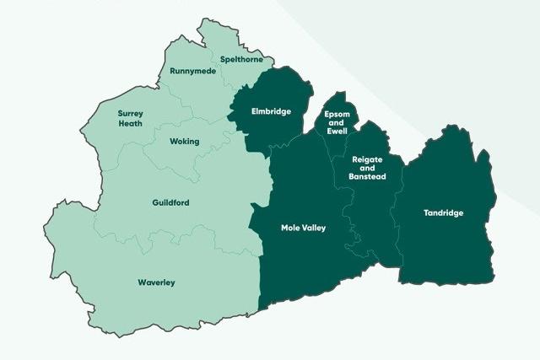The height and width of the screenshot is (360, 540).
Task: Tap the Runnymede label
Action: (192, 71)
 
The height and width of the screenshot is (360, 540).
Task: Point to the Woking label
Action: (184, 141)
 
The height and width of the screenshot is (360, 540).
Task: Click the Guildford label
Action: (171, 203)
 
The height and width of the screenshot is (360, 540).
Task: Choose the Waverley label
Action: (156, 282)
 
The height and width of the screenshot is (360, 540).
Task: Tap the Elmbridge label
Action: (271, 110)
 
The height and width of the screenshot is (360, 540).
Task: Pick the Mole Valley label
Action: (303, 228)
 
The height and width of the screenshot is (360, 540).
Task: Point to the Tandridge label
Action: (443, 213)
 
